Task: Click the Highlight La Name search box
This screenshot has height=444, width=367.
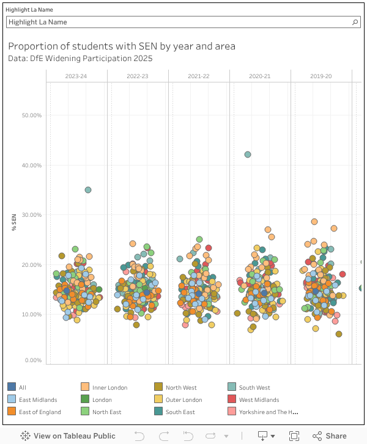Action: tap(177, 22)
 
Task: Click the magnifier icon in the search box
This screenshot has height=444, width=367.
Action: tap(355, 22)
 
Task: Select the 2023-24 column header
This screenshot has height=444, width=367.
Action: tap(76, 76)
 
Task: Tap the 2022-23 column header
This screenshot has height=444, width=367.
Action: tap(138, 76)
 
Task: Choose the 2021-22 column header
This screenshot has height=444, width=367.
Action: tap(199, 76)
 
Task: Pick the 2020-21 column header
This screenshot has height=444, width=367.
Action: tap(260, 76)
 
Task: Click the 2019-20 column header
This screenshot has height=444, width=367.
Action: tap(321, 76)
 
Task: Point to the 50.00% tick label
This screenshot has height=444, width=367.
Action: tap(31, 115)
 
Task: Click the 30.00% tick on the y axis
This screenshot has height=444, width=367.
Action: tap(31, 215)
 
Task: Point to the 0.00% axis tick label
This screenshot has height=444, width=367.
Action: tap(33, 360)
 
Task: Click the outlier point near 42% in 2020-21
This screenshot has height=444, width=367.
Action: tap(248, 155)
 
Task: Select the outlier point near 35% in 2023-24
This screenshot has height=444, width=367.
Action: tap(88, 190)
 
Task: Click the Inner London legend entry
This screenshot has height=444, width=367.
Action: tap(109, 387)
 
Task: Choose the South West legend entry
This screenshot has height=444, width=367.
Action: tap(254, 387)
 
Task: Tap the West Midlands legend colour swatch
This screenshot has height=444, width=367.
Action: tap(232, 399)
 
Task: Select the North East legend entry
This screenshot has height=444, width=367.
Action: tap(106, 412)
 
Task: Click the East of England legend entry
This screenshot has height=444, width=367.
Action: tap(40, 412)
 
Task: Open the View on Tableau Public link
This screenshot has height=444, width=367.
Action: tap(69, 435)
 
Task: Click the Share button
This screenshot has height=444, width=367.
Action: tap(330, 435)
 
